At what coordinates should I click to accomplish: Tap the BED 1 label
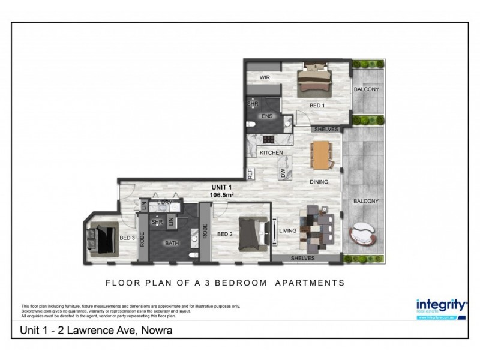click(317, 106)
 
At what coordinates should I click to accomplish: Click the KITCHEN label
click(271, 153)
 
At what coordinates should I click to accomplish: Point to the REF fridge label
click(250, 174)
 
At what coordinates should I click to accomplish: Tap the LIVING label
click(289, 230)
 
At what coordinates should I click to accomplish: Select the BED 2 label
click(225, 234)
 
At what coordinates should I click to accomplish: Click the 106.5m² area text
click(220, 195)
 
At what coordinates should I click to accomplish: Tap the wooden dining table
click(322, 154)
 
